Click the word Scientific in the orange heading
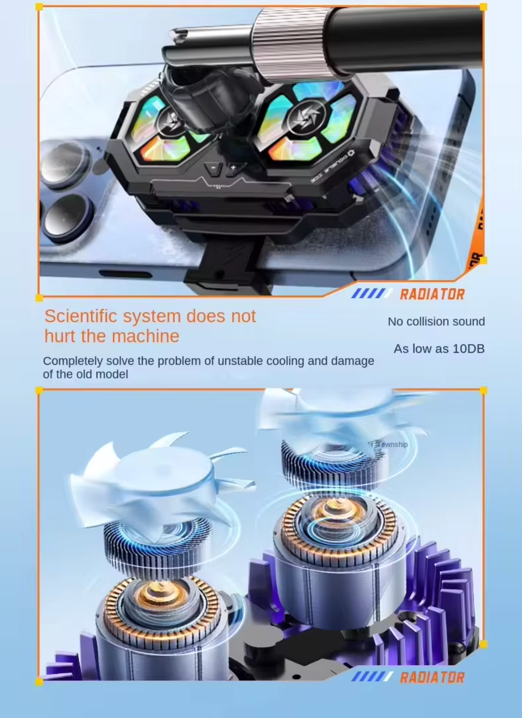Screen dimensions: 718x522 point(80,316)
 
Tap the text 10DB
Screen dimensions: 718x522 point(468,349)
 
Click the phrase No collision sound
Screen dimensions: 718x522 point(436,322)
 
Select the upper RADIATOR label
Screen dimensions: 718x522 point(432,294)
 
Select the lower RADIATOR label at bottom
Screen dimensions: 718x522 point(432,677)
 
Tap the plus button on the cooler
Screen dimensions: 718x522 point(233,168)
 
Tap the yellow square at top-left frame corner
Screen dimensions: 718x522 point(40,7)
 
